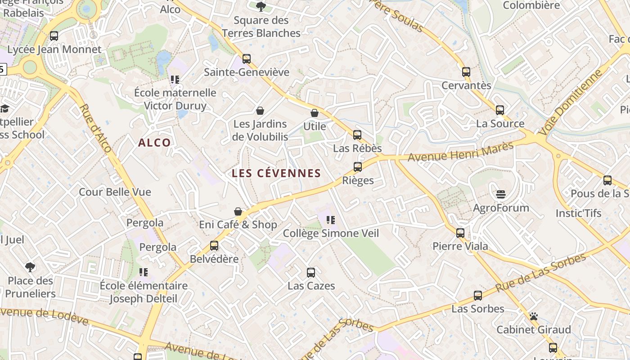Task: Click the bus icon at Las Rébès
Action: (357, 135)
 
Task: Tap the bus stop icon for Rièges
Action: (358, 167)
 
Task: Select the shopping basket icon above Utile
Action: (315, 113)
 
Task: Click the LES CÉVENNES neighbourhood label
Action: (276, 173)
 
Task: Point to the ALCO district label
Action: (154, 143)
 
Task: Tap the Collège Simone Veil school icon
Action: (331, 220)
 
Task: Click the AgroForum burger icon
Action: (501, 194)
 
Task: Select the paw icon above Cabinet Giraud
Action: (534, 316)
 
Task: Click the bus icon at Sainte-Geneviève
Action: (246, 59)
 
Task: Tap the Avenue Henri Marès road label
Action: (460, 152)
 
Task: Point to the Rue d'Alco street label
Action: (96, 128)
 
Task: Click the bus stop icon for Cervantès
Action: (466, 72)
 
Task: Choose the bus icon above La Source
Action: (500, 110)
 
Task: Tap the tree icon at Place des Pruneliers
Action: (30, 267)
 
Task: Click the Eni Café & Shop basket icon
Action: (238, 211)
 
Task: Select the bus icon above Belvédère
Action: (214, 246)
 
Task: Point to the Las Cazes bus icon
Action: (311, 272)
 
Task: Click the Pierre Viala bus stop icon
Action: (460, 233)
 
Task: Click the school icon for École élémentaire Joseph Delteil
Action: (144, 272)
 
